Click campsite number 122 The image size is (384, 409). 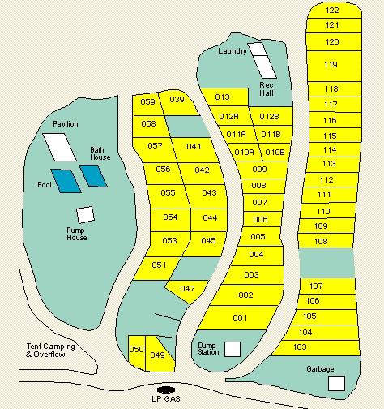332,11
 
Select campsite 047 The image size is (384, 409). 187,289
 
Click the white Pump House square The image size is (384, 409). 83,215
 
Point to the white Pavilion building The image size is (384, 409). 59,146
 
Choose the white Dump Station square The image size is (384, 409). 233,349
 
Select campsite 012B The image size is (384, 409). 269,116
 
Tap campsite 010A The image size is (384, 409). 244,152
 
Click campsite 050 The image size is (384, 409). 136,350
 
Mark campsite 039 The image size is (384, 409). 177,100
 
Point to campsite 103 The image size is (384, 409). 300,347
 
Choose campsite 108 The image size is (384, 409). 321,242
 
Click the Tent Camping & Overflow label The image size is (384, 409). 50,351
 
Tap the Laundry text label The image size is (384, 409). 233,51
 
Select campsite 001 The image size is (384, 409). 241,317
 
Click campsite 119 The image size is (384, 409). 331,65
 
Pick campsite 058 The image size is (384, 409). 148,124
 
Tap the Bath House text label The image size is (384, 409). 100,153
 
